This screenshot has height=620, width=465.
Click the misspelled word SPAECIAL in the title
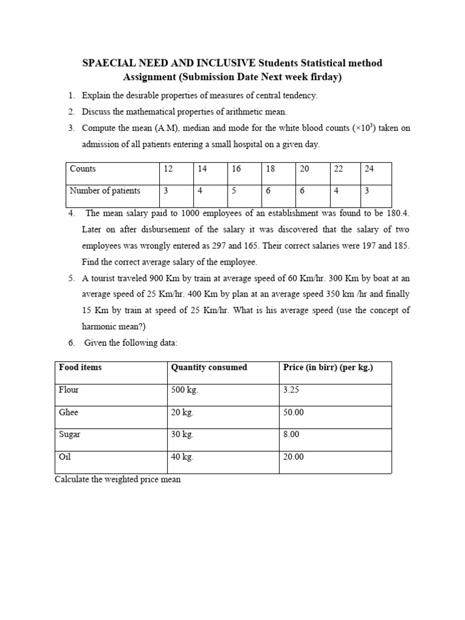[x=108, y=63]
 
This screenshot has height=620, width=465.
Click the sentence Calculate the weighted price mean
[x=117, y=480]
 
